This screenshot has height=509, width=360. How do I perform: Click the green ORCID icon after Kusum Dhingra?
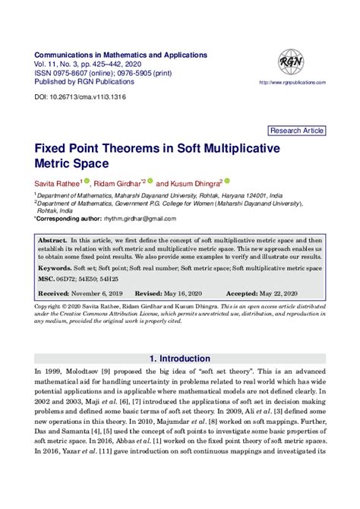pyautogui.click(x=227, y=182)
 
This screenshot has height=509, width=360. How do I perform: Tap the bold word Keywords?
pyautogui.click(x=57, y=269)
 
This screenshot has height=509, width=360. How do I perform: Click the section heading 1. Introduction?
pyautogui.click(x=179, y=358)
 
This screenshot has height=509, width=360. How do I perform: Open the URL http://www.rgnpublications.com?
pyautogui.click(x=289, y=82)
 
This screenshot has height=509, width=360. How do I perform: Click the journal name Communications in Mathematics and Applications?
pyautogui.click(x=121, y=55)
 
